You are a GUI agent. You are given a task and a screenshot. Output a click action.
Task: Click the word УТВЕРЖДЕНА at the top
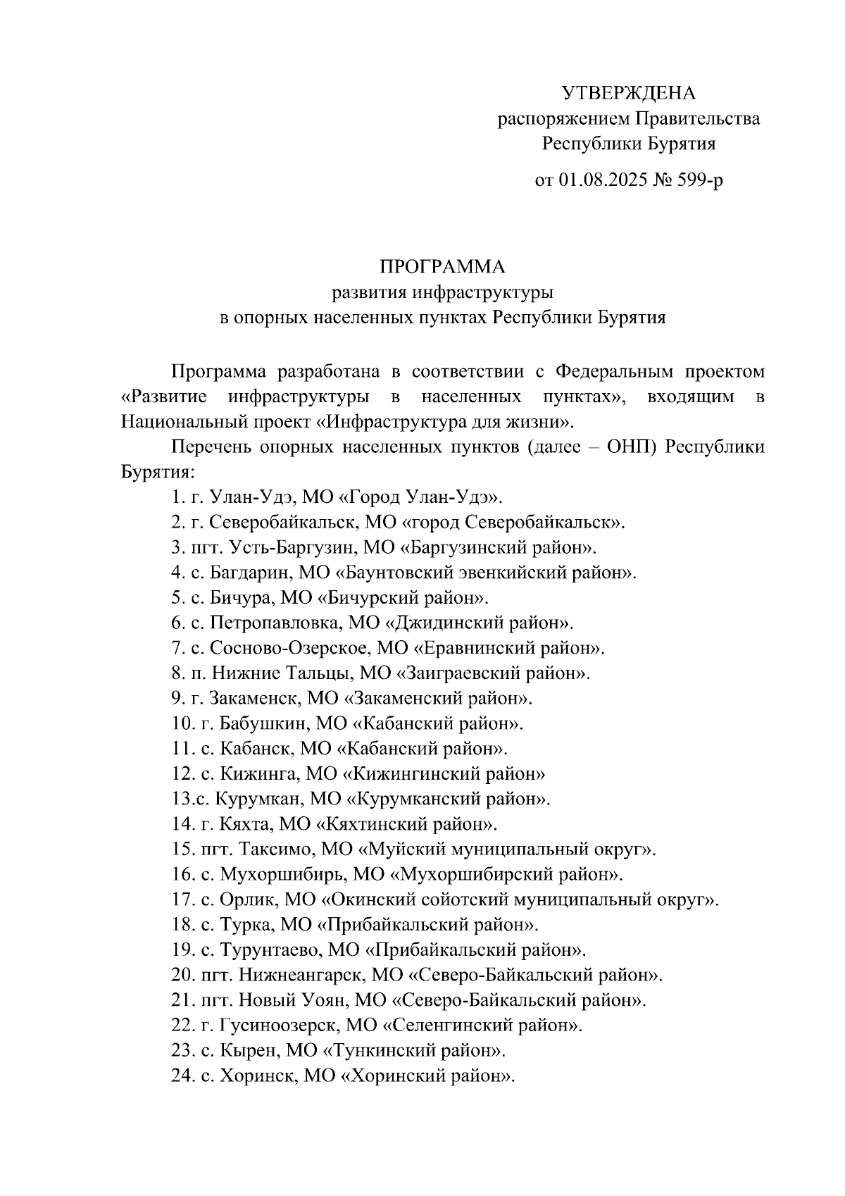tap(628, 93)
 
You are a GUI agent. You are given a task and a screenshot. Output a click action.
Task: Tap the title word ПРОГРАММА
tap(443, 267)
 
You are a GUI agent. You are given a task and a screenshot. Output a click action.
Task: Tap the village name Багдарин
tap(246, 573)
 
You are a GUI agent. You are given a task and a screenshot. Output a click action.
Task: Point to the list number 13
tap(180, 799)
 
